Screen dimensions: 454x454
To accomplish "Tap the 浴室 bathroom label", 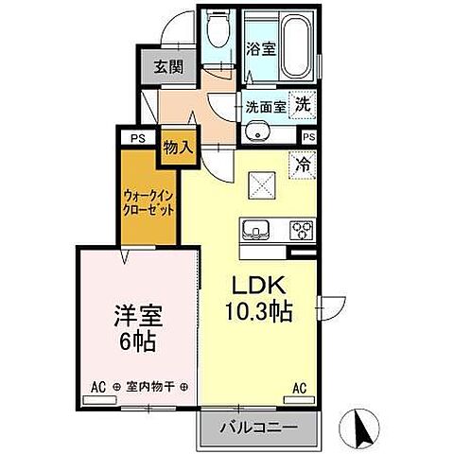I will pyautogui.click(x=262, y=48).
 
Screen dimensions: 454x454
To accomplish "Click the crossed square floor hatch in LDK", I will pyautogui.click(x=263, y=183).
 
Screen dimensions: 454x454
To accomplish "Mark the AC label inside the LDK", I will pyautogui.click(x=299, y=388).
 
